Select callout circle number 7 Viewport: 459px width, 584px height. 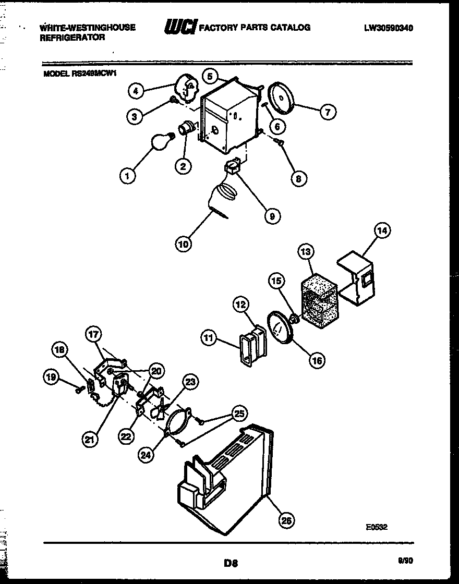[328, 112]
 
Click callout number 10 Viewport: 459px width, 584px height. [183, 243]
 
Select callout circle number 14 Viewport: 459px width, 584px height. [383, 231]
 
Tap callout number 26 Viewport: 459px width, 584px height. [286, 520]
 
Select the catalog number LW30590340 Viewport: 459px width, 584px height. [389, 28]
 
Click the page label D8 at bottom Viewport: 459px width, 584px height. [231, 563]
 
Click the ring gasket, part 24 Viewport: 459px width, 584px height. [177, 422]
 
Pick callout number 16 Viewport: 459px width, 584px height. [317, 359]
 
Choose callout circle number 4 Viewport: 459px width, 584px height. [136, 91]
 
